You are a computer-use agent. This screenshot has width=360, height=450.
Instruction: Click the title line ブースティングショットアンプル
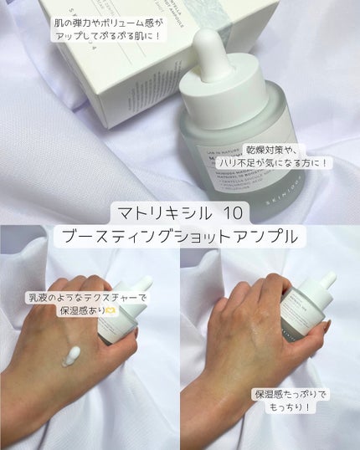point(179,237)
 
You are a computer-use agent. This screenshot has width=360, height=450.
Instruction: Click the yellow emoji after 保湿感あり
point(112,312)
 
